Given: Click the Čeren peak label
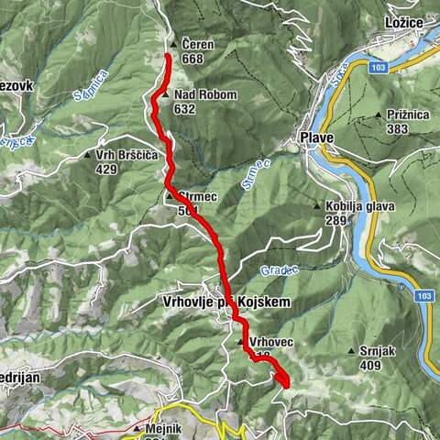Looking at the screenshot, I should pyautogui.click(x=197, y=44).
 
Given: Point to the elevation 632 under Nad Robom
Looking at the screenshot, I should pyautogui.click(x=184, y=109).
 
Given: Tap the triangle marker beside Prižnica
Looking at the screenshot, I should pyautogui.click(x=379, y=115).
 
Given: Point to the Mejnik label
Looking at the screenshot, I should pyautogui.click(x=164, y=427).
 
